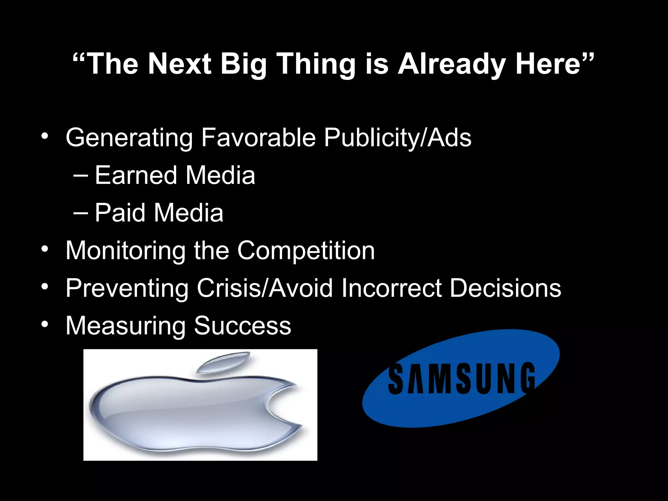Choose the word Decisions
(505, 288)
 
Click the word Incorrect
(391, 288)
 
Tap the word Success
(242, 326)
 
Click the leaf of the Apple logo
(223, 363)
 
